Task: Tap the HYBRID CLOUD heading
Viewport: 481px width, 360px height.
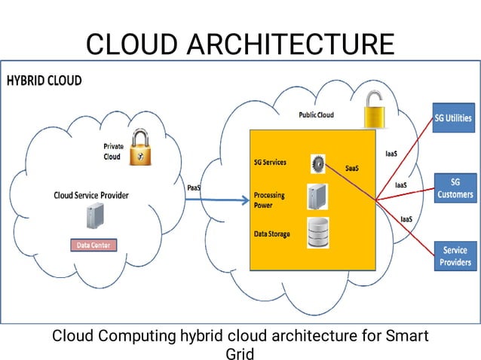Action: point(44,81)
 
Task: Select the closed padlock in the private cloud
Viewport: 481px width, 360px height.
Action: point(137,148)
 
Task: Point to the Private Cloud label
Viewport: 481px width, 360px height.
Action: point(112,151)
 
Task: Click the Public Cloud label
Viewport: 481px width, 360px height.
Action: point(316,115)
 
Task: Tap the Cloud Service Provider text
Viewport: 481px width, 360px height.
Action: point(91,195)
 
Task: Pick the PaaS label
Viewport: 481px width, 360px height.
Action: point(195,188)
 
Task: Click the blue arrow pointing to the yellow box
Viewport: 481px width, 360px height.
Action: point(219,200)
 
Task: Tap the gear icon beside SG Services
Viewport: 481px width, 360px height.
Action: point(317,163)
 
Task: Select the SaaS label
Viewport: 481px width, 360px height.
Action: point(351,168)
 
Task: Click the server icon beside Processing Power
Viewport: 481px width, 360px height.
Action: point(317,197)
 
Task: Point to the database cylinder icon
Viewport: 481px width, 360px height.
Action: point(318,232)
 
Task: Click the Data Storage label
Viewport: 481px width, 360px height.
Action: point(271,234)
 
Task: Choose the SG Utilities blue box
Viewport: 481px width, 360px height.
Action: point(454,117)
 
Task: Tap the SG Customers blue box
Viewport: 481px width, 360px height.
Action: point(455,188)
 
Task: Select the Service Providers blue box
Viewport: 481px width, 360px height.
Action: point(455,256)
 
